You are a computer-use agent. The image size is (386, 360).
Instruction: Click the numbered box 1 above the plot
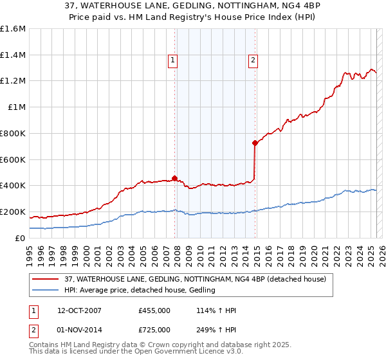[174, 61]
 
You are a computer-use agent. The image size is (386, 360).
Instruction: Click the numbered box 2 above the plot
[253, 61]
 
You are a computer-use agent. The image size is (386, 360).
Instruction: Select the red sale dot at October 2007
[174, 179]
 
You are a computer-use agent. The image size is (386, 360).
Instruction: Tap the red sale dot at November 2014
[255, 143]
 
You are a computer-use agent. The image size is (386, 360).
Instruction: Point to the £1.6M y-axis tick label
[13, 29]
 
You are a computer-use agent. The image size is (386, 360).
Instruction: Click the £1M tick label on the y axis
[17, 107]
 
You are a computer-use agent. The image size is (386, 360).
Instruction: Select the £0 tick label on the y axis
[21, 238]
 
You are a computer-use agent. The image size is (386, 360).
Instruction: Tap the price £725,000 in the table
[154, 330]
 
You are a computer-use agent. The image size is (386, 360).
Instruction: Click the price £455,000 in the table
[154, 311]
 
